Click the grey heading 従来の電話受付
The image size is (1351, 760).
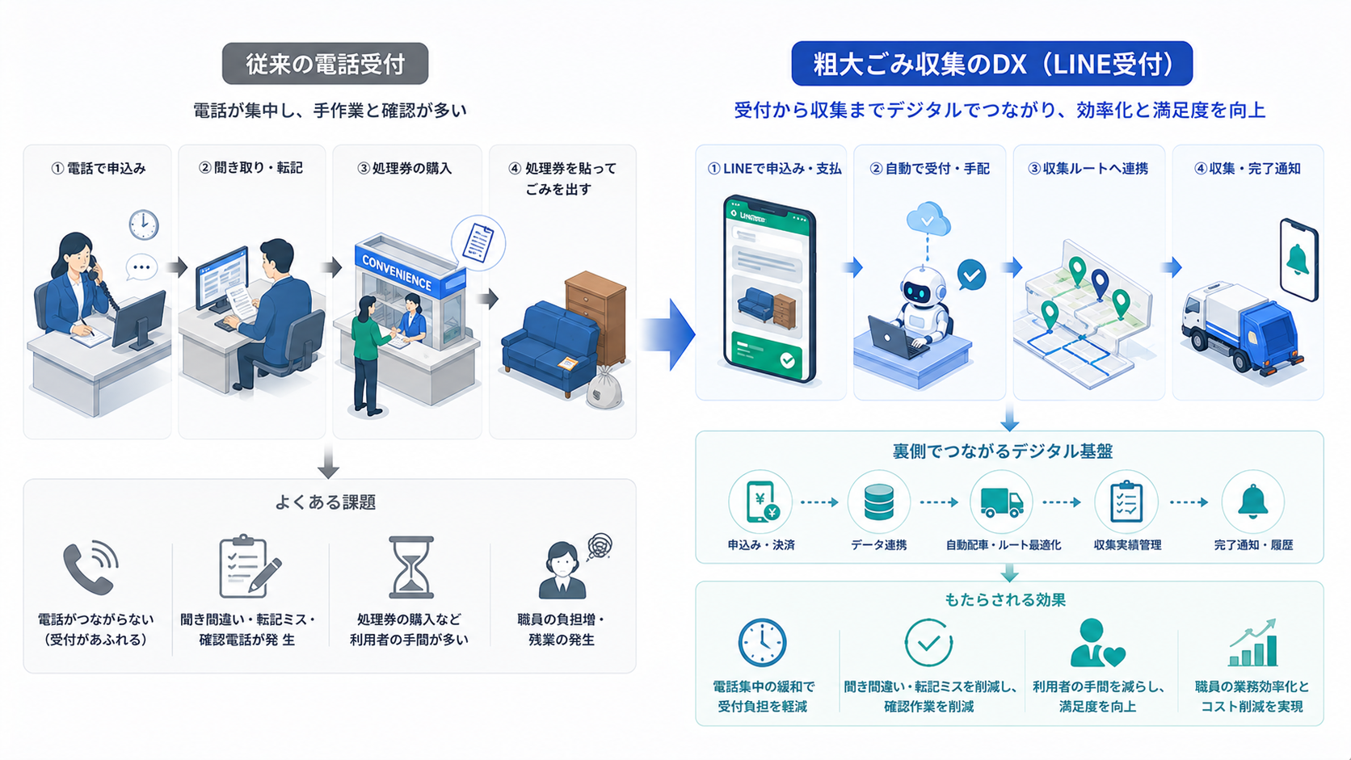click(325, 64)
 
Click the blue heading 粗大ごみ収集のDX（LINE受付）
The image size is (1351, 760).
click(992, 64)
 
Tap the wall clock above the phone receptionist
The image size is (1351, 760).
click(144, 225)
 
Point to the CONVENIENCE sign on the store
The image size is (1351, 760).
click(397, 272)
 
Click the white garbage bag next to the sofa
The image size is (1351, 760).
click(604, 388)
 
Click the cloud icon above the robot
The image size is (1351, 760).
click(928, 220)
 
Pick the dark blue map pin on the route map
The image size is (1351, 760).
click(1100, 283)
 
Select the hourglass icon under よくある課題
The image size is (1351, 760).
click(411, 567)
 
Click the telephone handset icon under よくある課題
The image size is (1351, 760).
click(90, 568)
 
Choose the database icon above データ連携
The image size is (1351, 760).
click(879, 502)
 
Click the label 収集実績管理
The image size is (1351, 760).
click(1127, 545)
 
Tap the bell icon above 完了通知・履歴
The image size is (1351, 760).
click(1252, 501)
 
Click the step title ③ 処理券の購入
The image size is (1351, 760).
click(405, 168)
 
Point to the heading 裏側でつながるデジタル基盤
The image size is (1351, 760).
click(1003, 451)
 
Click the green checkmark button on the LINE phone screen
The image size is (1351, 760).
click(787, 360)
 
